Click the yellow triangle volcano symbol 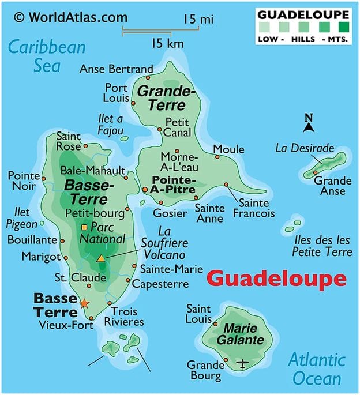[101, 258]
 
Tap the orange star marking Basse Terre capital [85, 303]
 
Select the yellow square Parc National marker [84, 227]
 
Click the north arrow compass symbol [309, 121]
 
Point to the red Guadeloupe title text [276, 279]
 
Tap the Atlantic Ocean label [316, 369]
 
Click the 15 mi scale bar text [198, 20]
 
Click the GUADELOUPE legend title [303, 14]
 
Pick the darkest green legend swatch [344, 26]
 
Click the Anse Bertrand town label [116, 69]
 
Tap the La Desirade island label [305, 148]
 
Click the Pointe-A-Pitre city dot [144, 189]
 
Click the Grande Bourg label [205, 370]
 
